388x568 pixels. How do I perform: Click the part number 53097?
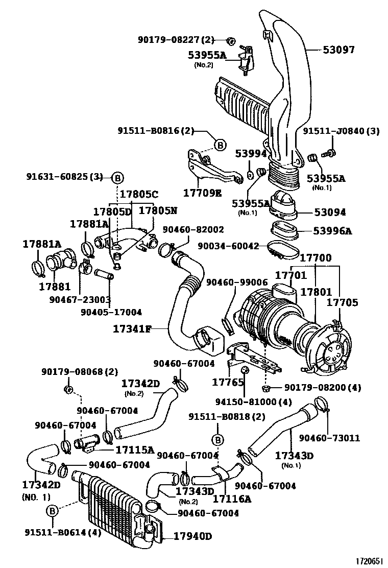(345, 50)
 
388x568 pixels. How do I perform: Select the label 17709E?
(203, 194)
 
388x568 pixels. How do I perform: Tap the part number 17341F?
(132, 329)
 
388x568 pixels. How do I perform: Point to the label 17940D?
(192, 536)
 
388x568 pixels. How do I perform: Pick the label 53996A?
(332, 231)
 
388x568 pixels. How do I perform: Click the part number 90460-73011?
(329, 438)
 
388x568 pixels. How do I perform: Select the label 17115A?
(135, 449)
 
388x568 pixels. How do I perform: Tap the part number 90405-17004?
(111, 312)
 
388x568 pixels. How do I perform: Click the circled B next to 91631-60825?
(117, 178)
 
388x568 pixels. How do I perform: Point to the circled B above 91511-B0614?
(52, 510)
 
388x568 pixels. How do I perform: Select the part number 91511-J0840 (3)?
(342, 131)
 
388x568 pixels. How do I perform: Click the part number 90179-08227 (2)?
(176, 39)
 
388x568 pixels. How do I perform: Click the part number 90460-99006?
(237, 282)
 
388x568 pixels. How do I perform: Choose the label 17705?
(342, 302)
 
